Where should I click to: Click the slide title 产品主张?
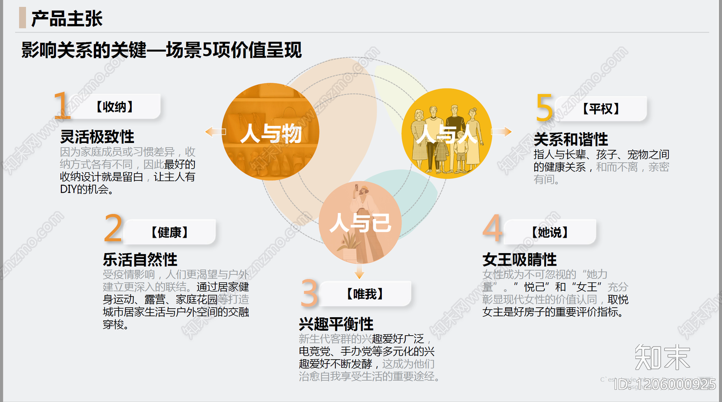tap(67, 18)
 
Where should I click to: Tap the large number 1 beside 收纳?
tap(62, 106)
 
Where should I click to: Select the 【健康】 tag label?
tap(169, 232)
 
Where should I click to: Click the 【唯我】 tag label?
tap(365, 294)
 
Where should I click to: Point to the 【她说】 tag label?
tap(550, 232)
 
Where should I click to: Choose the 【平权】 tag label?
tap(601, 109)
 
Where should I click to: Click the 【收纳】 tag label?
tap(115, 107)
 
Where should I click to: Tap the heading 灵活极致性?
tap(97, 137)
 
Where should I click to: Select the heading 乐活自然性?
tap(140, 259)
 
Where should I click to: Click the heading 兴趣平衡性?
tap(336, 324)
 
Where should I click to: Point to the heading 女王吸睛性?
tap(519, 259)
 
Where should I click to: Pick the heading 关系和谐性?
tap(571, 139)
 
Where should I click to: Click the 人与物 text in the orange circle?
tap(271, 134)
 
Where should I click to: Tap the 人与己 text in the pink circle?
tap(360, 223)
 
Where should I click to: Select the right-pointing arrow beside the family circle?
tap(501, 132)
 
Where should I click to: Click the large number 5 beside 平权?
tap(544, 108)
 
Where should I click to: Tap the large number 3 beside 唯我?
tap(310, 293)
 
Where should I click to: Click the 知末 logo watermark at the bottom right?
tap(662, 357)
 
